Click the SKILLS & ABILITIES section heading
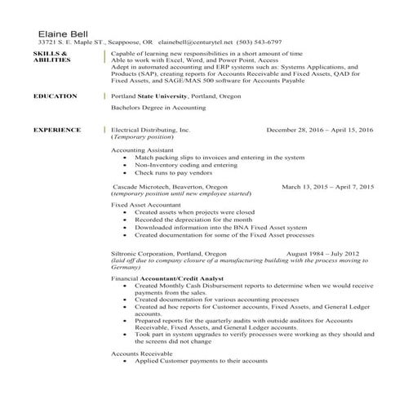pos(51,55)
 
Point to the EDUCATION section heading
pos(55,96)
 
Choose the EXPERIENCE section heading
pos(57,130)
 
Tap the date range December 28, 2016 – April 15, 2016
pos(319,130)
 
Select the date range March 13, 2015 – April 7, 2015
pos(327,187)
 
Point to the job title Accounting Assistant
pos(142,150)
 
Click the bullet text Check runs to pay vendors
pos(173,173)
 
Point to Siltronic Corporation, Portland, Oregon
pos(168,254)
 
